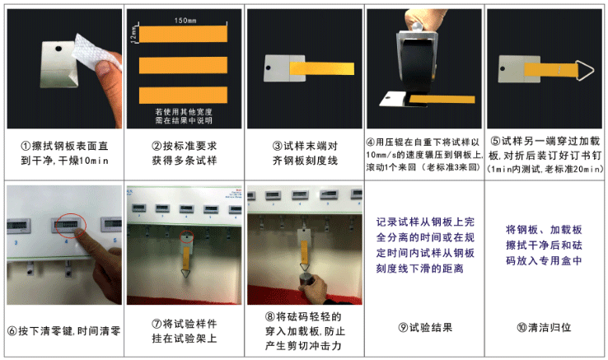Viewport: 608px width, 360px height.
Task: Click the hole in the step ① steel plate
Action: [x=60, y=49]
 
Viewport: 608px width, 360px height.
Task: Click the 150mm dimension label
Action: [x=185, y=18]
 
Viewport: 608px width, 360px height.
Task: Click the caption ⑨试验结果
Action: [x=424, y=327]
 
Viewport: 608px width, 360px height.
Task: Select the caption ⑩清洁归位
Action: [x=544, y=327]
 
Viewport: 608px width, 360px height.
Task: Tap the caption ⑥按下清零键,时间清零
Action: [x=63, y=332]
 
